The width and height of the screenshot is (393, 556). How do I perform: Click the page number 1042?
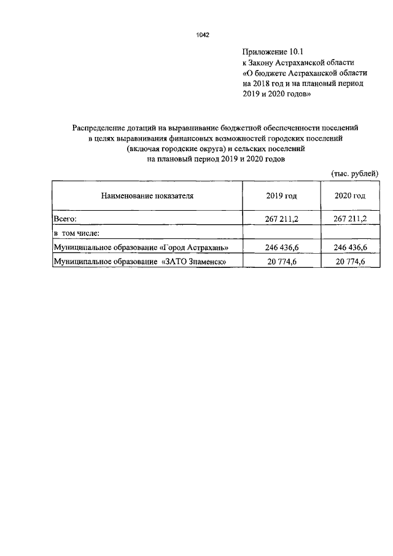(x=203, y=35)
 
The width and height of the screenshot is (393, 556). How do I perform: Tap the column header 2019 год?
(x=281, y=196)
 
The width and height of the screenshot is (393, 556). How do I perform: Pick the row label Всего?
(x=64, y=219)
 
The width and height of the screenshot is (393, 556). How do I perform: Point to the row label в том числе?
(x=77, y=233)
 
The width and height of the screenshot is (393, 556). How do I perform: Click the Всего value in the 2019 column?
(x=281, y=219)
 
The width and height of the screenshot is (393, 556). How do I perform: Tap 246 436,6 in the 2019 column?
(x=281, y=248)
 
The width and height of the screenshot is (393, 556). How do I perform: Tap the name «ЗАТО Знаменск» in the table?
(x=195, y=262)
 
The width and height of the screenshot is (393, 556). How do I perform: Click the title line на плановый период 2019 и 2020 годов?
(x=217, y=159)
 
